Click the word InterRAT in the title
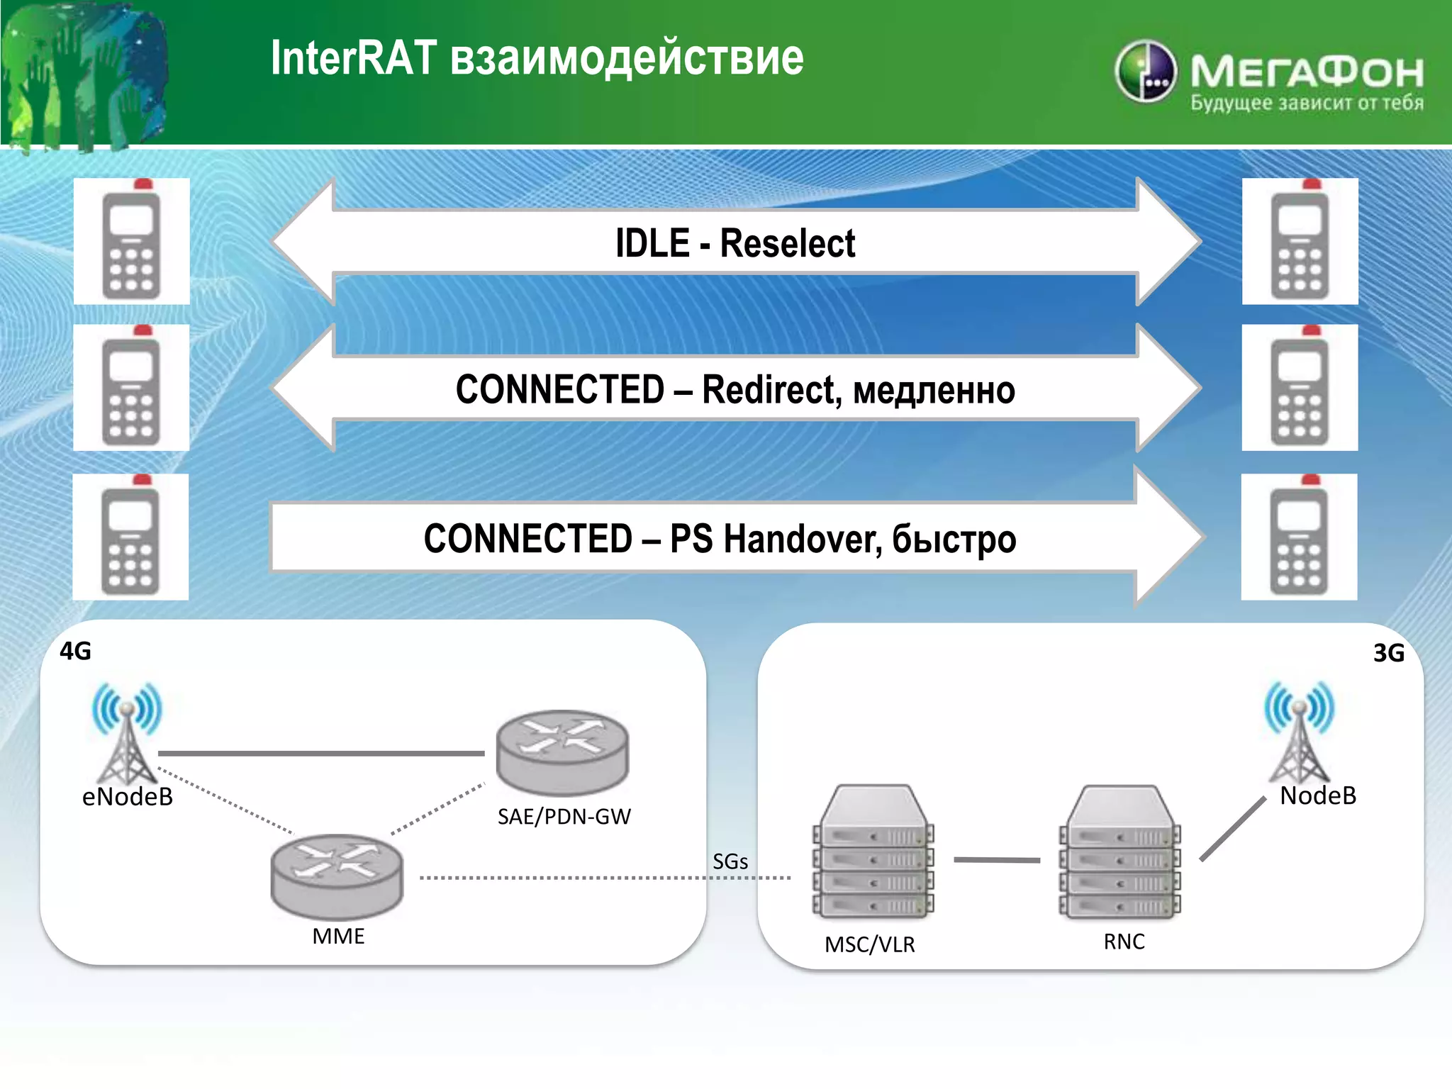[x=354, y=58]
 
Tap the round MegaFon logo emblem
[x=1145, y=72]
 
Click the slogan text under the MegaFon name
[x=1307, y=104]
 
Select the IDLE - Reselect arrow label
[x=735, y=243]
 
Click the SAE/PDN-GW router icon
[x=562, y=752]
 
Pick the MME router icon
[x=337, y=877]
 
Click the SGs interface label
[x=730, y=861]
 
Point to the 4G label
[x=75, y=651]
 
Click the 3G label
[x=1388, y=652]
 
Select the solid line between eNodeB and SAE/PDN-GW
[x=320, y=753]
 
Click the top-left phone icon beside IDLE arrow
[x=132, y=241]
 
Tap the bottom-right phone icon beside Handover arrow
[x=1299, y=537]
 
